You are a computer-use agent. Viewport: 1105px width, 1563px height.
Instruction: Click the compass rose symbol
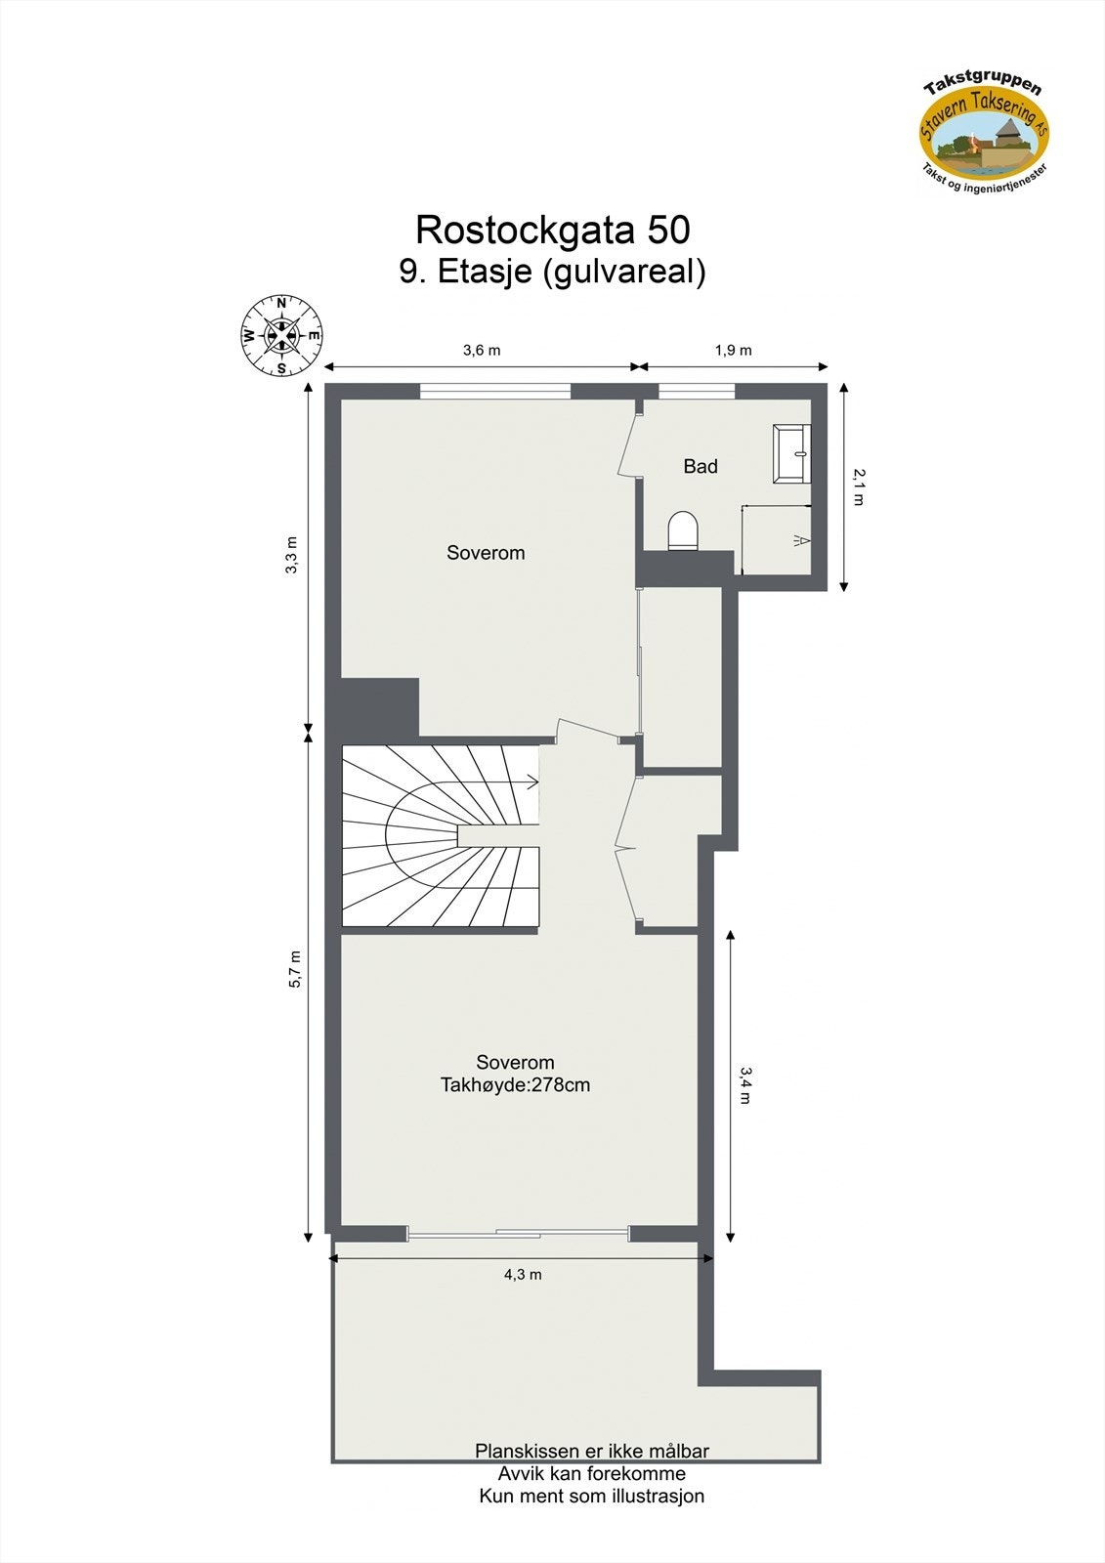pos(281,336)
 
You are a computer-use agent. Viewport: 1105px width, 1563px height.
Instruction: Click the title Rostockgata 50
pos(552,230)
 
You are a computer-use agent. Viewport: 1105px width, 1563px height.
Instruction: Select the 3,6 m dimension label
pos(481,351)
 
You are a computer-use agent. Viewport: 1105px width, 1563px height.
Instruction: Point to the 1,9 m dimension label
pos(733,351)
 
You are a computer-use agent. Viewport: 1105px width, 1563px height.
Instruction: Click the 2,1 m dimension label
pos(859,486)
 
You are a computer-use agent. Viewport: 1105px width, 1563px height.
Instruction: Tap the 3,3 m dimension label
pos(292,555)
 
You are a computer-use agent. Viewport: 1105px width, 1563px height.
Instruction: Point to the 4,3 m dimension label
pos(523,1275)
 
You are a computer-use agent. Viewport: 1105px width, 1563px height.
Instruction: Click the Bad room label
pos(701,467)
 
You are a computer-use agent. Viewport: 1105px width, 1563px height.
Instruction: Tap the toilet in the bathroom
pos(684,531)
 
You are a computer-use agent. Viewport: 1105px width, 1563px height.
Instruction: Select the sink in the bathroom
pos(792,453)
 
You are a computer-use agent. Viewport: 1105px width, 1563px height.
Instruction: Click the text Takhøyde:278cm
pos(515,1085)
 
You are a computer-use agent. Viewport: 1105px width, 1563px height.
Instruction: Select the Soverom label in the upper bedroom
pos(486,553)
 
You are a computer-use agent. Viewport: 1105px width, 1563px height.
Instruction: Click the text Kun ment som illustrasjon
pos(591,1497)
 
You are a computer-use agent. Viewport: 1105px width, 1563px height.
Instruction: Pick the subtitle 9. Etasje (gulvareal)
pos(552,271)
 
